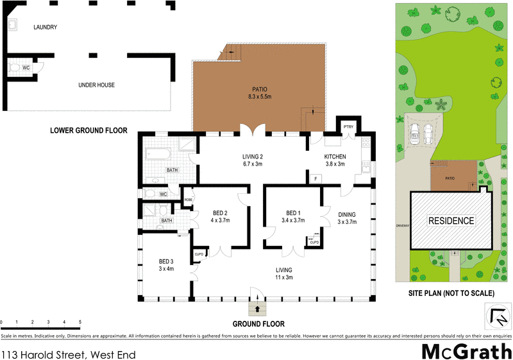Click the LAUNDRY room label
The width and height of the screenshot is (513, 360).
pos(46,27)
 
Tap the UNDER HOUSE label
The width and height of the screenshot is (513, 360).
pos(96,84)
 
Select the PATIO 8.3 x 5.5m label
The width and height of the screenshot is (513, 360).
pos(260,93)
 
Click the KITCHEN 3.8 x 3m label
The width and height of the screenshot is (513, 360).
pos(335,160)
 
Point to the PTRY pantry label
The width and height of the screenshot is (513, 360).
pos(349,127)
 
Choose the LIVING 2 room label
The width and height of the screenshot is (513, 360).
pos(253,160)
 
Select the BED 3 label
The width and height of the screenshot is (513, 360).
pos(165,265)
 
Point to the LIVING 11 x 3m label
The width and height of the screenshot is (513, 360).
pos(284,273)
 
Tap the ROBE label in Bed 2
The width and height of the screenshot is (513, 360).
pos(188,200)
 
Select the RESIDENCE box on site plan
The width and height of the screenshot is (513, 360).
pos(451,220)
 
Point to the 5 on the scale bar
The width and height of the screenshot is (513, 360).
pos(80,322)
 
